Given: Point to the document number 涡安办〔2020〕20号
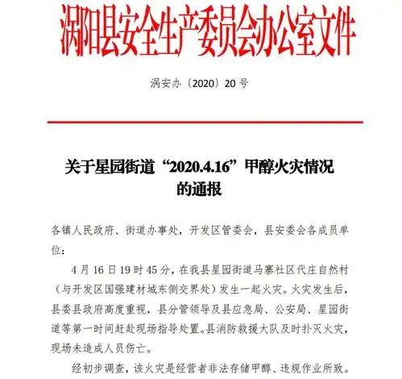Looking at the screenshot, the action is click(x=200, y=83).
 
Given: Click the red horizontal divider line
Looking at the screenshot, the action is click(x=201, y=122).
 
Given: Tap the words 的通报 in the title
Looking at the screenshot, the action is click(x=200, y=190).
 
